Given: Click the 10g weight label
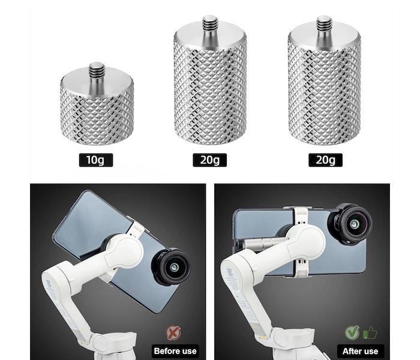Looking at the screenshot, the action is [x=96, y=160].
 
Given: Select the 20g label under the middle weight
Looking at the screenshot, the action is [x=210, y=160].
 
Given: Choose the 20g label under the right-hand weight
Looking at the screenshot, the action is [x=325, y=160].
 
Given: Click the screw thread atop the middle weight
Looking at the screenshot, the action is [x=210, y=23].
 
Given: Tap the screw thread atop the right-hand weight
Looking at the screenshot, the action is [x=325, y=23].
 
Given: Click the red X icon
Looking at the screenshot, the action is [x=173, y=332].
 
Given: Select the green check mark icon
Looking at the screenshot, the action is [x=352, y=332].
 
